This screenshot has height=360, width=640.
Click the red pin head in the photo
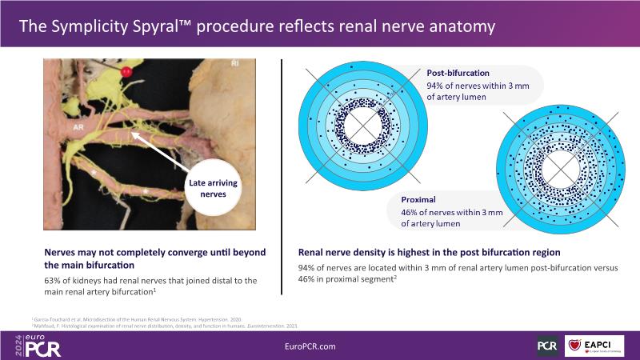coord(126,72)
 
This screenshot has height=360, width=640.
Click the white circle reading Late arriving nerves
coord(213,190)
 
